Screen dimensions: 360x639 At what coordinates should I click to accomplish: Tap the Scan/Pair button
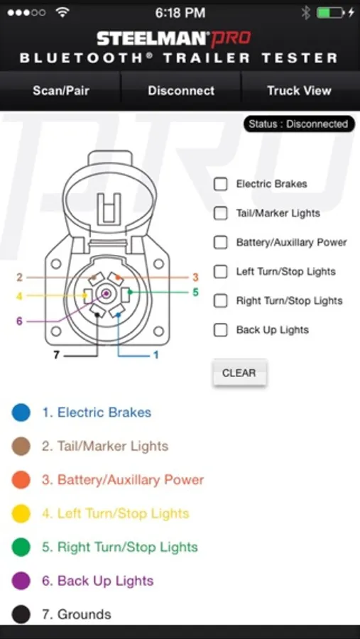[x=61, y=90]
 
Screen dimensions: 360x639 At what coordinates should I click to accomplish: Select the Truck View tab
[x=299, y=90]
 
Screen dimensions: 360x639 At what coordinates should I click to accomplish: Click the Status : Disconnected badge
[x=299, y=124]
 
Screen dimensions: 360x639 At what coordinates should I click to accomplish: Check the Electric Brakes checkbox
[x=221, y=184]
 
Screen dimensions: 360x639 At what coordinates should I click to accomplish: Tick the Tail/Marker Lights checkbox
[x=221, y=213]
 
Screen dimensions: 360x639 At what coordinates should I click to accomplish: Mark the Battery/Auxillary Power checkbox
[x=221, y=243]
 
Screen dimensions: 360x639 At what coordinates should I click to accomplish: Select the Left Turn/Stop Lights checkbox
[x=221, y=271]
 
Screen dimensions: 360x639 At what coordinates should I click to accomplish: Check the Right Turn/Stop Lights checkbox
[x=221, y=301]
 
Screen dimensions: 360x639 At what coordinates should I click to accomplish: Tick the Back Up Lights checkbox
[x=221, y=329]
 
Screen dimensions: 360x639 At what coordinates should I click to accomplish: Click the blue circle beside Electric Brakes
[x=21, y=413]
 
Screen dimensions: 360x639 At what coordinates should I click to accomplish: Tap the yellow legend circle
[x=21, y=513]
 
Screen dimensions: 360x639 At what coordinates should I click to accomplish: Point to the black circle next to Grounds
[x=21, y=614]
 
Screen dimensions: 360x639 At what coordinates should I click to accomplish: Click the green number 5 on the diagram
[x=195, y=293]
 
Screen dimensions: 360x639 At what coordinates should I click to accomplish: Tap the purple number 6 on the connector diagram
[x=19, y=321]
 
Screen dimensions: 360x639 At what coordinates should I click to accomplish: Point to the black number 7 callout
[x=56, y=356]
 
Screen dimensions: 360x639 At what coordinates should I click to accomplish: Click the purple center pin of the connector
[x=106, y=293]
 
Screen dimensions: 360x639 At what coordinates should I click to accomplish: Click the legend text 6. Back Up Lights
[x=98, y=581]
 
